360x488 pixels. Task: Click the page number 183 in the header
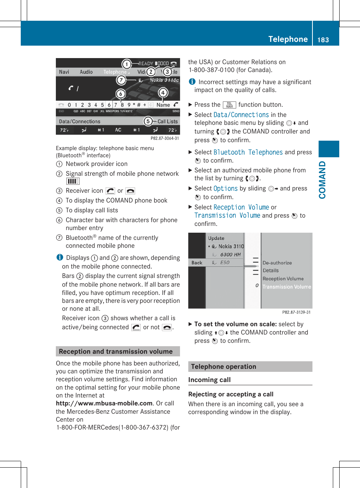323,40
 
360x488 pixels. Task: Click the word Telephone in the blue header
288,39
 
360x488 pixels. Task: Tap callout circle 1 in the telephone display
126,64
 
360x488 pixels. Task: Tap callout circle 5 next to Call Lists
148,121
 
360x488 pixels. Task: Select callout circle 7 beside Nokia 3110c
121,80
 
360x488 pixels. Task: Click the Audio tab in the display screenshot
86,72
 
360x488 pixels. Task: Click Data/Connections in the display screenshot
80,121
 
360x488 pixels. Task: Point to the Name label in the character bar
163,105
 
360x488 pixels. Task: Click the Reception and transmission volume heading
116,351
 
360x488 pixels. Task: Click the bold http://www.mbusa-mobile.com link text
104,403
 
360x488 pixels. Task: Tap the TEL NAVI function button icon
229,105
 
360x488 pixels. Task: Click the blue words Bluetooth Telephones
248,152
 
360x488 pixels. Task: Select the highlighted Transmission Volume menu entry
286,287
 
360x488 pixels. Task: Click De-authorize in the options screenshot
277,263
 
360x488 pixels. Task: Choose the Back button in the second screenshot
197,263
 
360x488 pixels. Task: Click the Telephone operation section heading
223,367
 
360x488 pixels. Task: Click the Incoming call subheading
209,380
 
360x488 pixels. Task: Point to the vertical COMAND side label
322,180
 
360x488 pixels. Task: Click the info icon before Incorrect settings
192,82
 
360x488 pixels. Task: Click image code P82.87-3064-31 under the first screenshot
165,138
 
